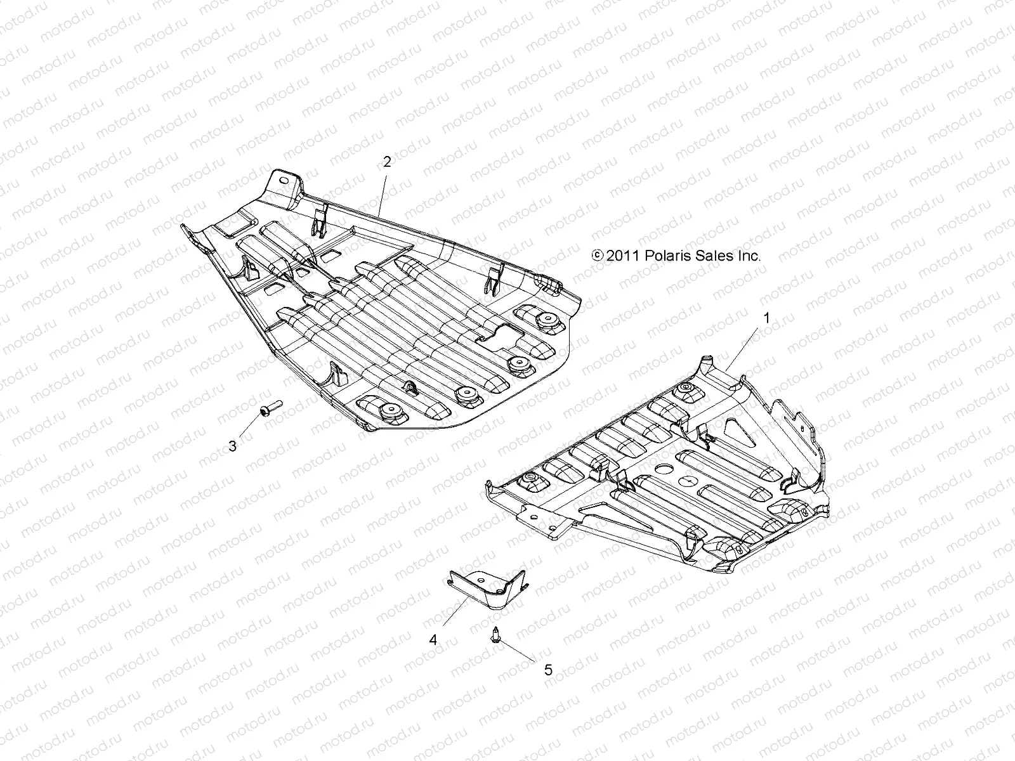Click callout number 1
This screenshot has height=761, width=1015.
[x=766, y=318]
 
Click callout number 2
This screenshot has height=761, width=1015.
[x=387, y=162]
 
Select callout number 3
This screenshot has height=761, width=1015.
[x=233, y=446]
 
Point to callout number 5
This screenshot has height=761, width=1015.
[x=548, y=670]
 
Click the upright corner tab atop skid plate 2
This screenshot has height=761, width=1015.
[x=283, y=183]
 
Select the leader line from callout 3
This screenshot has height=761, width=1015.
[x=249, y=429]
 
